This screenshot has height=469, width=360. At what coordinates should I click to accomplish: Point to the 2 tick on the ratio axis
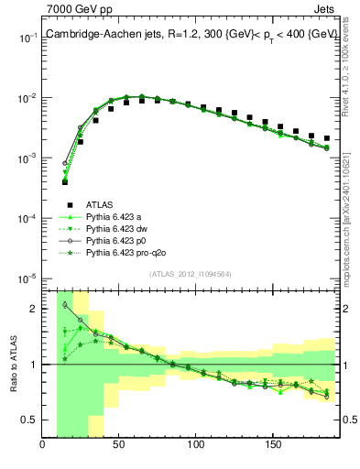[36, 309]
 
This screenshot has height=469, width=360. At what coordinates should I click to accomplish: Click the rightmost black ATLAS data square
[326, 138]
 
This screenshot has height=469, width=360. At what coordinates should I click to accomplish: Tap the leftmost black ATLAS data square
[65, 181]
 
